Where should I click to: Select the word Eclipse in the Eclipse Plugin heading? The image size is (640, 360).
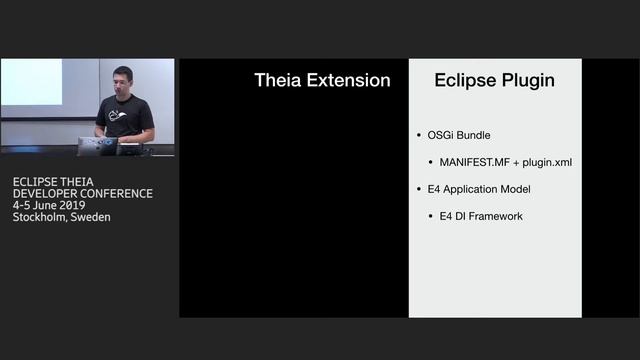tap(466, 80)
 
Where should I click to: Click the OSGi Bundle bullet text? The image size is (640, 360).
tap(459, 135)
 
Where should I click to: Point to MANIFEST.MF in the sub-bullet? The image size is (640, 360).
tap(474, 162)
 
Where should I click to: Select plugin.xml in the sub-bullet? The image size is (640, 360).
tap(546, 162)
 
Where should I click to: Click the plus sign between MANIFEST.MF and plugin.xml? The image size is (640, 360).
tap(516, 162)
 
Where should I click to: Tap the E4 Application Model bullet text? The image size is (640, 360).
tap(479, 189)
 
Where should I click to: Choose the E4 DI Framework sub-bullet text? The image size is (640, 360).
tap(481, 216)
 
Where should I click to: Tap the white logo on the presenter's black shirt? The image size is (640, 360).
tap(120, 116)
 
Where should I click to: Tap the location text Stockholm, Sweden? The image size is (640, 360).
tap(62, 217)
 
